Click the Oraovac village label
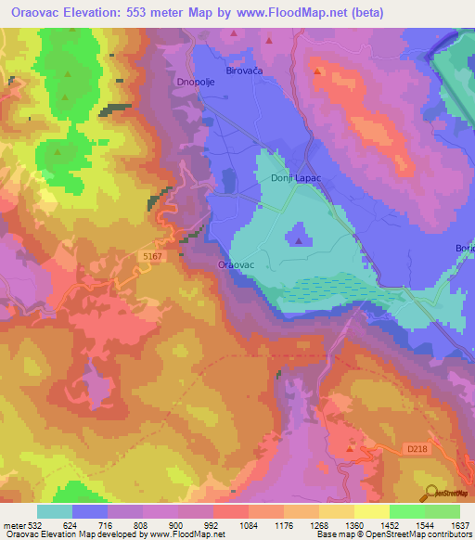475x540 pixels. coord(236,265)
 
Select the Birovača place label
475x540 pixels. coord(245,70)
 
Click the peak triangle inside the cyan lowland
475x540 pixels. coord(298,241)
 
